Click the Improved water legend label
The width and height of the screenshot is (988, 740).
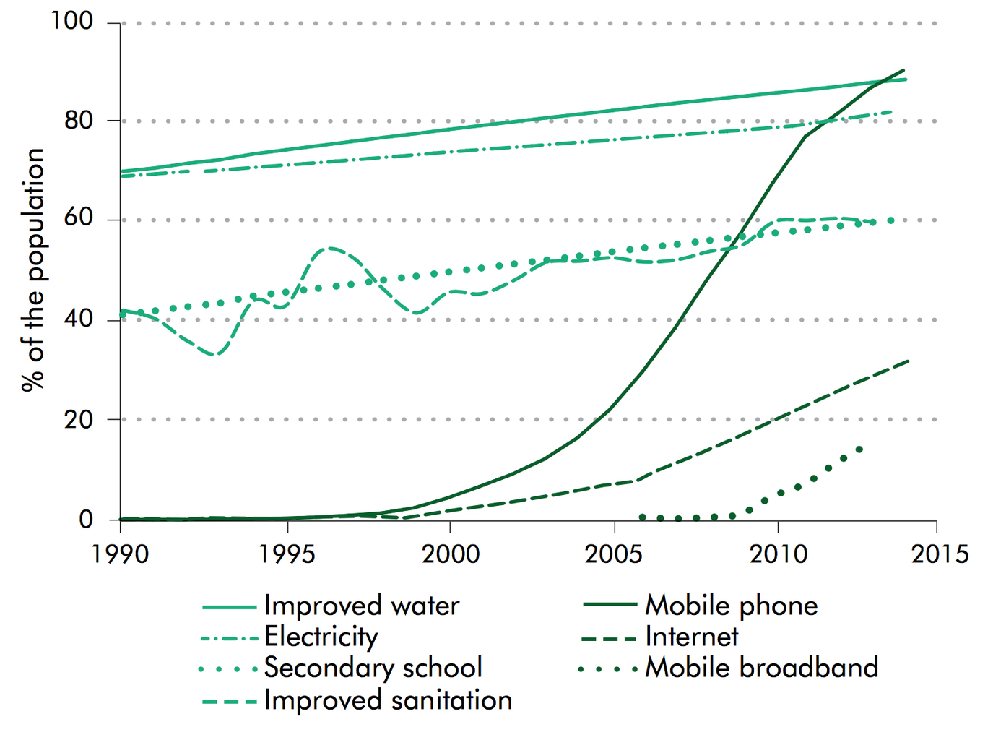click(x=361, y=606)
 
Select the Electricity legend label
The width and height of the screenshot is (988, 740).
click(x=321, y=637)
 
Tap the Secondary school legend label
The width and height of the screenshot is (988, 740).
click(x=373, y=668)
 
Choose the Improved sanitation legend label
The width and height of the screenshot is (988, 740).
click(x=388, y=700)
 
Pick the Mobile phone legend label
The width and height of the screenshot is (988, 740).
click(x=731, y=606)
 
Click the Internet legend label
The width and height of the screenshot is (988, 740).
click(x=691, y=637)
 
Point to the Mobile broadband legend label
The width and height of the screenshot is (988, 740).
click(x=761, y=668)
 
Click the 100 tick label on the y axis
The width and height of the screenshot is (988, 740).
click(x=72, y=22)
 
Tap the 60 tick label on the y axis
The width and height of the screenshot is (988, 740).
click(x=79, y=219)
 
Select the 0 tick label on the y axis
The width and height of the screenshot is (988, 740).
click(x=87, y=519)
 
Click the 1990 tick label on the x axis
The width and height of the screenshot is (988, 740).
click(x=120, y=554)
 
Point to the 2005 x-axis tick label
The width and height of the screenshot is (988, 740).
click(x=614, y=554)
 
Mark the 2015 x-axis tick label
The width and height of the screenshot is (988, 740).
click(x=937, y=554)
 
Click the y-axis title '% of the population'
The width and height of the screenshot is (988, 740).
click(x=32, y=270)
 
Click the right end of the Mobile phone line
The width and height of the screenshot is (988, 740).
click(x=903, y=70)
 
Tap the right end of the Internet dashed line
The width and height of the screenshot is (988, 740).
click(x=908, y=361)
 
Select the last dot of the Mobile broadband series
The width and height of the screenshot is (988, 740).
click(x=859, y=449)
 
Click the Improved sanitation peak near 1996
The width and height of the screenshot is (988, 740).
click(x=329, y=249)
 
